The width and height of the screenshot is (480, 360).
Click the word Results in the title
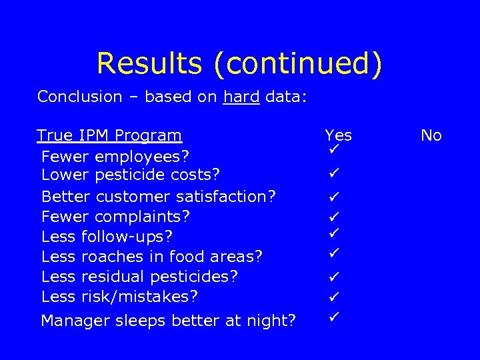point(150,63)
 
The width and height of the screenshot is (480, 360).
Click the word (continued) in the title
point(298,63)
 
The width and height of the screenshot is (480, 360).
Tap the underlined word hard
point(242,97)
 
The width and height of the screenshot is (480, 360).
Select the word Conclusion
point(79,97)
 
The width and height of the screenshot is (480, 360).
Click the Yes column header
point(338,135)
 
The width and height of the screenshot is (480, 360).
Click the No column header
point(431,135)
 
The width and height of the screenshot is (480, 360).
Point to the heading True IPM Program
point(109,135)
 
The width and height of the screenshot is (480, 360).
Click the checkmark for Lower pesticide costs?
point(334,174)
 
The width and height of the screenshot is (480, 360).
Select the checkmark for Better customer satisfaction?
point(334,197)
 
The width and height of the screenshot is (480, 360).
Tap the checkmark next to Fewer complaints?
point(334,217)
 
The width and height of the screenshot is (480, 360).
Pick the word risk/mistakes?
point(139,296)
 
